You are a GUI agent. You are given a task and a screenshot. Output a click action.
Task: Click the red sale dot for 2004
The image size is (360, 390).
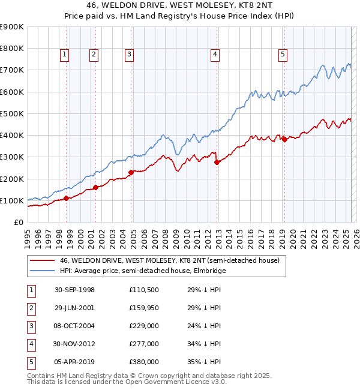coord(130,173)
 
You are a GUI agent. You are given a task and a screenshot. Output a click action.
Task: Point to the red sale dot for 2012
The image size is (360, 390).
coord(217,162)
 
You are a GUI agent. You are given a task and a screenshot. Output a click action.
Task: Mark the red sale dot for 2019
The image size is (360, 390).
coord(284,140)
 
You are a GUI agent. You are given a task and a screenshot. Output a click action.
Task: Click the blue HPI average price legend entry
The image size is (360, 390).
coord(142,271)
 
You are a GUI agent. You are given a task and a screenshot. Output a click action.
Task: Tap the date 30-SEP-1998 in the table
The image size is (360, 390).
coord(74,290)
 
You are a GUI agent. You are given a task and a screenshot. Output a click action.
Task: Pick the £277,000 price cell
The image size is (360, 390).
coord(143,344)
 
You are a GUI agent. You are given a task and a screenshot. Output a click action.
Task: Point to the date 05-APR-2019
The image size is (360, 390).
coord(74,362)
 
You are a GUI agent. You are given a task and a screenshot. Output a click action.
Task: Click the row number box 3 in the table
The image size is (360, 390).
coord(31,326)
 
